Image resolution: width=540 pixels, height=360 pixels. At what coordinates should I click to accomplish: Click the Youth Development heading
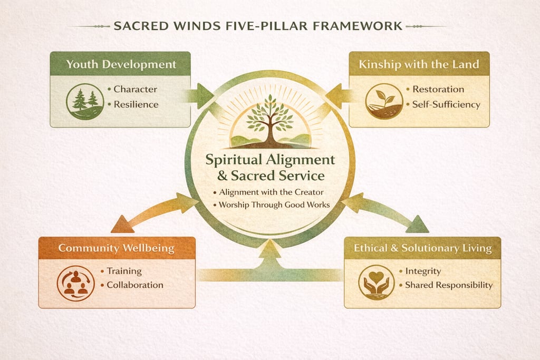coord(121,64)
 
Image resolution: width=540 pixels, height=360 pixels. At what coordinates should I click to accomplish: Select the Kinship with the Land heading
coord(419,64)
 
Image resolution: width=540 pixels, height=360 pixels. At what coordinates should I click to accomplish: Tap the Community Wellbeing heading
coord(117,248)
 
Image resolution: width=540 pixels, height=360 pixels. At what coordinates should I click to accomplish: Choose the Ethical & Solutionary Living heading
coord(422,248)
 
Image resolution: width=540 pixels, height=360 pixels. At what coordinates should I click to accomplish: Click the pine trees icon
coord(85,102)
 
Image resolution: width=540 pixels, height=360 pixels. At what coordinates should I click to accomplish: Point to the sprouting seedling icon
coord(384,102)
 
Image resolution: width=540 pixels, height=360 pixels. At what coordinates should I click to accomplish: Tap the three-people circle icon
coord(76,284)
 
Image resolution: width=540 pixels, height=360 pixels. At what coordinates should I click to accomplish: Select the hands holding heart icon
coord(377,283)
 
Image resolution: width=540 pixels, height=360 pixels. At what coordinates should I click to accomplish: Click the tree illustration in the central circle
coord(271,121)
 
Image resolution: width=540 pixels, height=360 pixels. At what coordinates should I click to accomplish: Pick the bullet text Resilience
coord(136,104)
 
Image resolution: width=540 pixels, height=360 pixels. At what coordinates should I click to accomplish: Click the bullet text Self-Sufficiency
coord(446,104)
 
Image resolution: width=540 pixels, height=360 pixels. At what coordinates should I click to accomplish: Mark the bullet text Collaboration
coord(135,285)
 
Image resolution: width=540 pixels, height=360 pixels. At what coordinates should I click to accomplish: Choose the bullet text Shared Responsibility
coord(449,285)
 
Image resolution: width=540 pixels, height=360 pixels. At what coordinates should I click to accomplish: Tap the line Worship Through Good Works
coord(274,205)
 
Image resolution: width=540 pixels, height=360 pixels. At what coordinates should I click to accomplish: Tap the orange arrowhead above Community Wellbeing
coord(122,225)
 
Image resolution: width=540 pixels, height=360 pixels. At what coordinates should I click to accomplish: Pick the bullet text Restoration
coord(438,89)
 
